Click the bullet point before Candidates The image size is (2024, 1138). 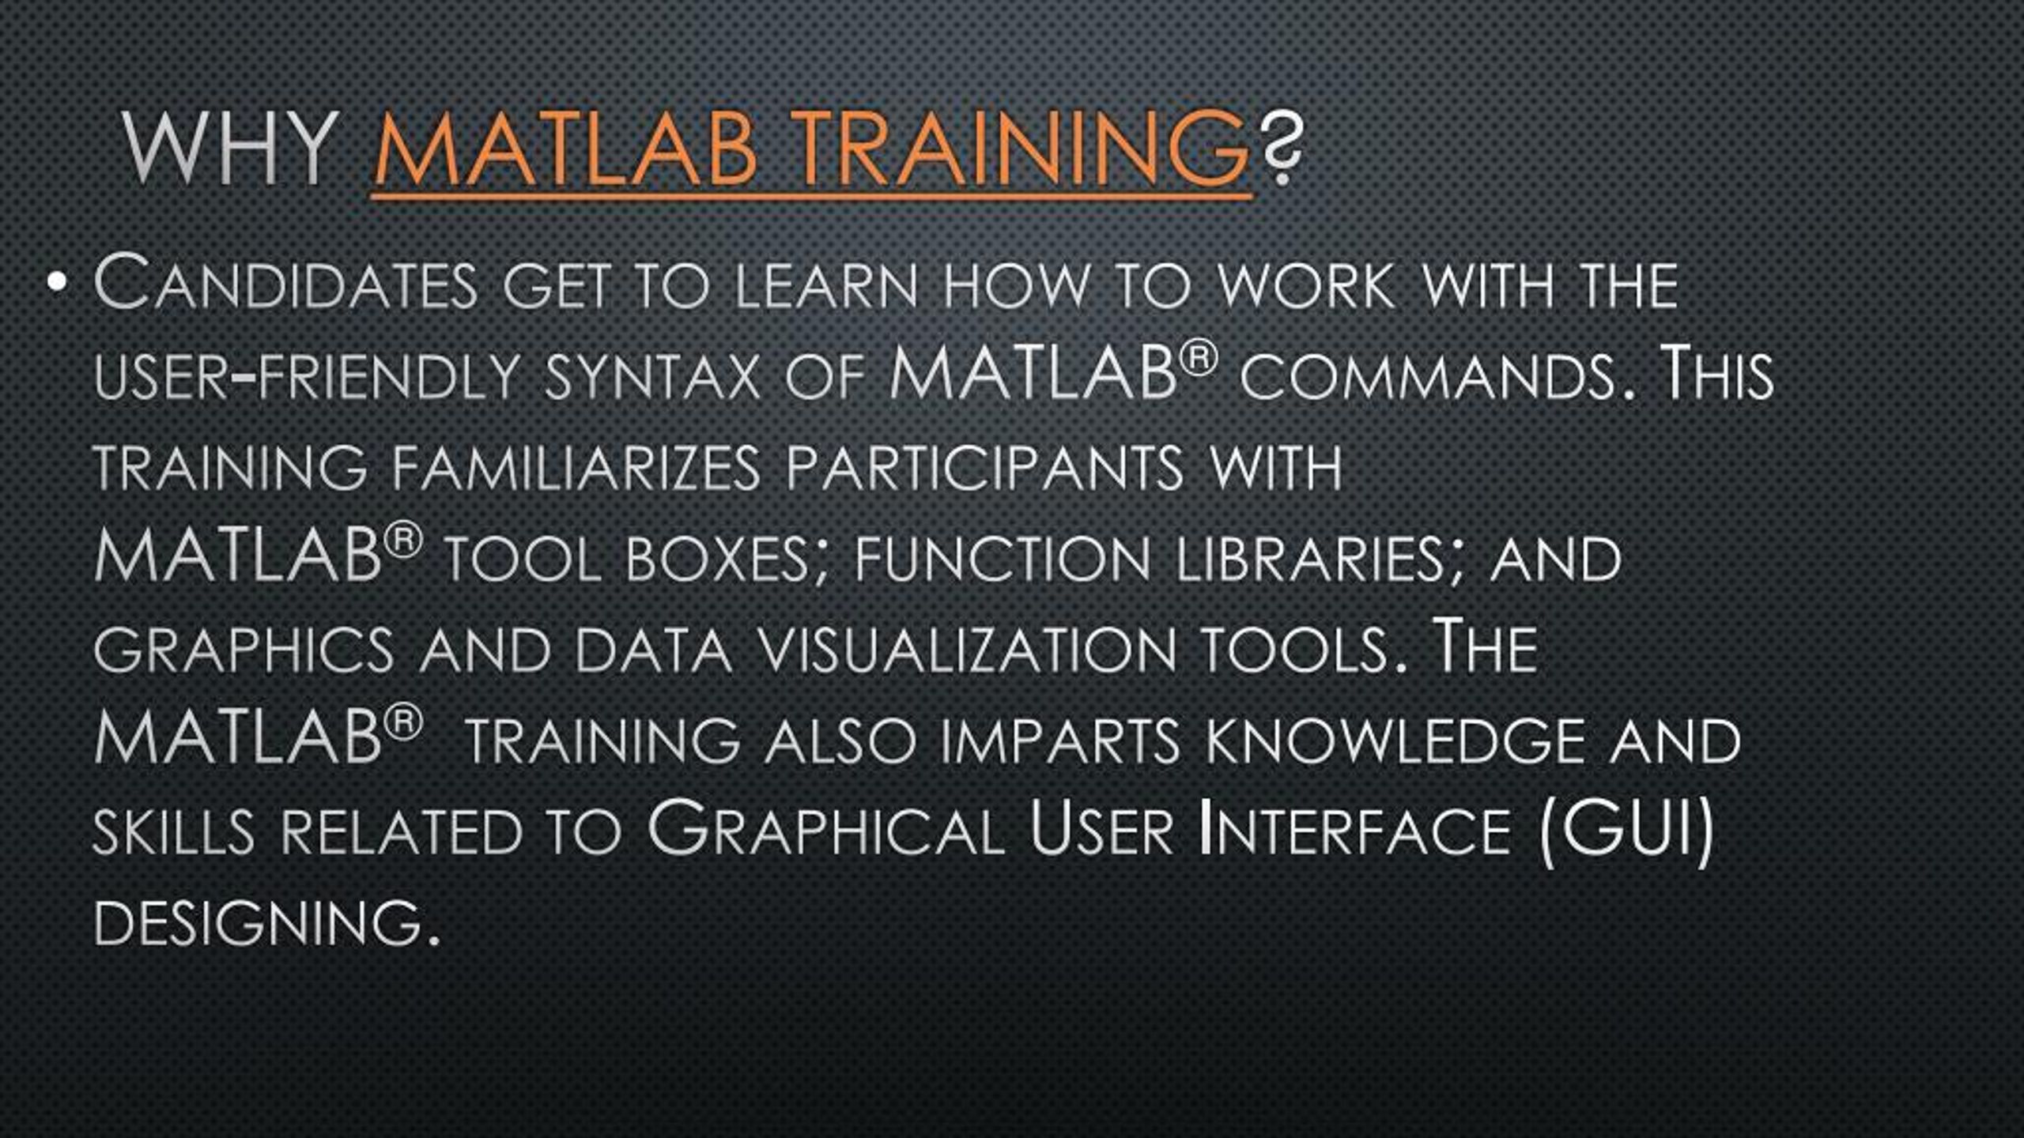56,282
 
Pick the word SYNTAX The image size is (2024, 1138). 652,376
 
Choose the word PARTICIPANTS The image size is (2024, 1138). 984,468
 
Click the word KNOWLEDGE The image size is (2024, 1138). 1395,741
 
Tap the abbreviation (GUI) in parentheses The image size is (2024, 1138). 1627,831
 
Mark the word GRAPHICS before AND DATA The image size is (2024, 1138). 244,651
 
